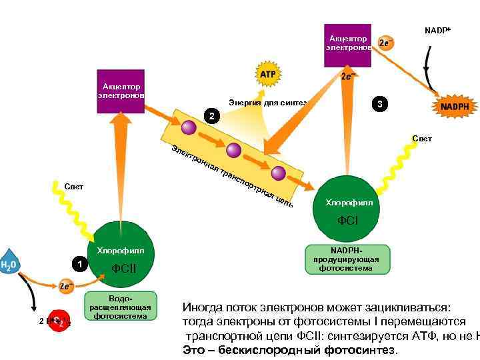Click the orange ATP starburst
[267, 74]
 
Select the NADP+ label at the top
[437, 31]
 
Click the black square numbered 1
[80, 264]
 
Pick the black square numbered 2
[211, 117]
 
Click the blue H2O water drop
[9, 264]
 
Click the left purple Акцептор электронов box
[121, 91]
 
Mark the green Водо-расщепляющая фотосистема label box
[120, 307]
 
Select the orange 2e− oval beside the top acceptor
[385, 43]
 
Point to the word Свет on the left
[74, 186]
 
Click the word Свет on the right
[422, 139]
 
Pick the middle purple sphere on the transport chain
[233, 150]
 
